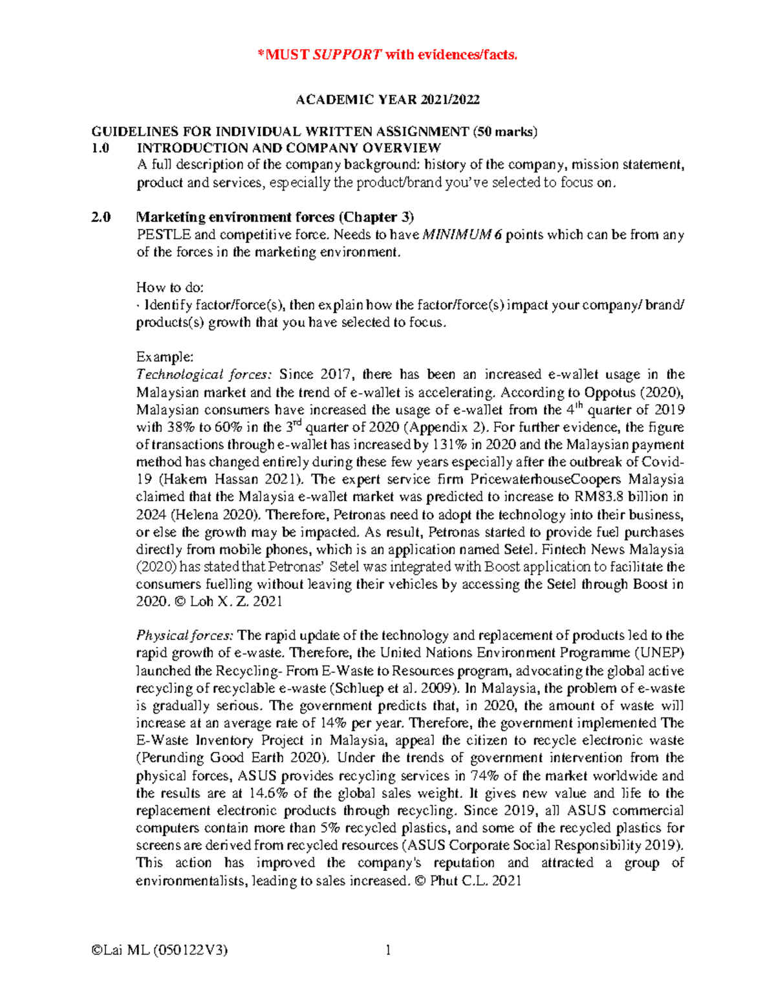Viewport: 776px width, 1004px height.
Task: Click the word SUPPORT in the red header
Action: coord(347,55)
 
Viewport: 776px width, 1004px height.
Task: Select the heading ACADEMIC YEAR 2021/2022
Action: coord(387,100)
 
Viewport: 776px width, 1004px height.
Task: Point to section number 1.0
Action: coord(100,148)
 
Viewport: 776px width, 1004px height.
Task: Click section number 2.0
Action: coord(100,217)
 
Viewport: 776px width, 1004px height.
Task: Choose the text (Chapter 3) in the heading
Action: coord(377,217)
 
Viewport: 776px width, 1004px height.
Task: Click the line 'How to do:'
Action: coord(169,287)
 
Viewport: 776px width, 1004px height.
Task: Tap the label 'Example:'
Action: coord(164,357)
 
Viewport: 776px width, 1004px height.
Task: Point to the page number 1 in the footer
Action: coord(388,950)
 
